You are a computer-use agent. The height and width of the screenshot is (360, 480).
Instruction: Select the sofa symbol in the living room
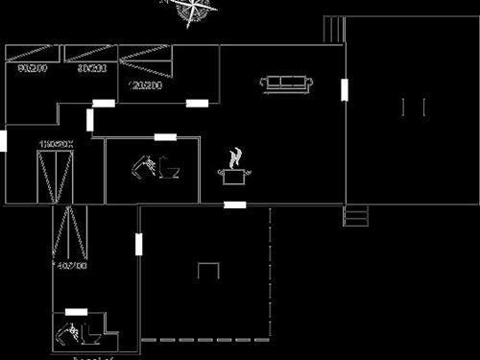coord(286,84)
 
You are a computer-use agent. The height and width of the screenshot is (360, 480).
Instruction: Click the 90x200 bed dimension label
coord(32,69)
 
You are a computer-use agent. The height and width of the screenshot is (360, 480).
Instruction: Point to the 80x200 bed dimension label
coord(91,69)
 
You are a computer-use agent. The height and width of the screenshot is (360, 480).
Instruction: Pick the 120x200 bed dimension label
coord(143,85)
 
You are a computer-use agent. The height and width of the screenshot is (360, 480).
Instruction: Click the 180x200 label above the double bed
coord(56,144)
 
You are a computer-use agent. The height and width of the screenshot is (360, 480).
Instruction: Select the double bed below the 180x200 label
coord(55,177)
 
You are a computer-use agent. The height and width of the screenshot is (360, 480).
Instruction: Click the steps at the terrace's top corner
coord(334,28)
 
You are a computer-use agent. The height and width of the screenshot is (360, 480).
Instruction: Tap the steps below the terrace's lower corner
coord(356,216)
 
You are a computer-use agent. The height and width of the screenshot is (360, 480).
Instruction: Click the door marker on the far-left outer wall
coord(4,141)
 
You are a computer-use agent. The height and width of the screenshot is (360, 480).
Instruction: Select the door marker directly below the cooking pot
coord(234,204)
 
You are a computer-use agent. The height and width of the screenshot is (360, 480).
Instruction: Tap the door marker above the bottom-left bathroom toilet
coord(76,312)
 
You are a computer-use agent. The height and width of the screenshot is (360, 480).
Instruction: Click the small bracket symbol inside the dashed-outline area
coord(208,270)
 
